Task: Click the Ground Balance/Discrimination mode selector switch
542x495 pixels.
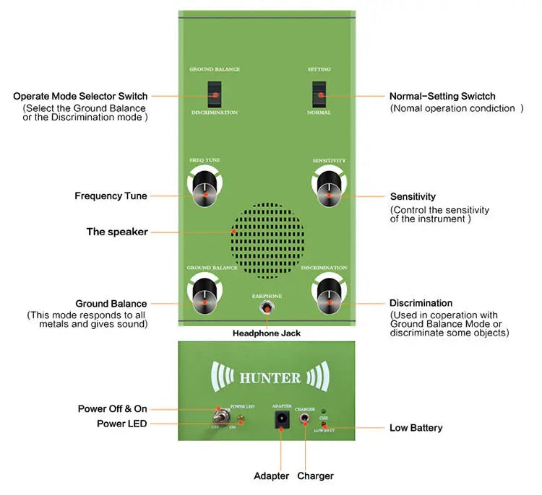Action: (214, 93)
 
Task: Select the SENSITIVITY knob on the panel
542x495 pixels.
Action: (329, 189)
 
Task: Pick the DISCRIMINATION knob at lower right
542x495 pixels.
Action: (330, 297)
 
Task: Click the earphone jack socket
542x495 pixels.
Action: (267, 308)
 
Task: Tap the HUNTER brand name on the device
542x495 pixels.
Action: (270, 377)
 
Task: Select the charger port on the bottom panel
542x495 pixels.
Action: (305, 418)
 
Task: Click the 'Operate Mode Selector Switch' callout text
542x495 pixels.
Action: (80, 96)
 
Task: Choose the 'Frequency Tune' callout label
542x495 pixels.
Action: (111, 196)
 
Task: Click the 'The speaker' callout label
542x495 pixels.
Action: (117, 232)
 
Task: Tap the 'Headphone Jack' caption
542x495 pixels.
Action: (266, 333)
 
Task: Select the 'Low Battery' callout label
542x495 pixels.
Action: (416, 428)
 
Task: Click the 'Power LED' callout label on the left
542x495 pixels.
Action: (121, 424)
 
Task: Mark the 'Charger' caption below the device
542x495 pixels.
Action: (316, 476)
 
